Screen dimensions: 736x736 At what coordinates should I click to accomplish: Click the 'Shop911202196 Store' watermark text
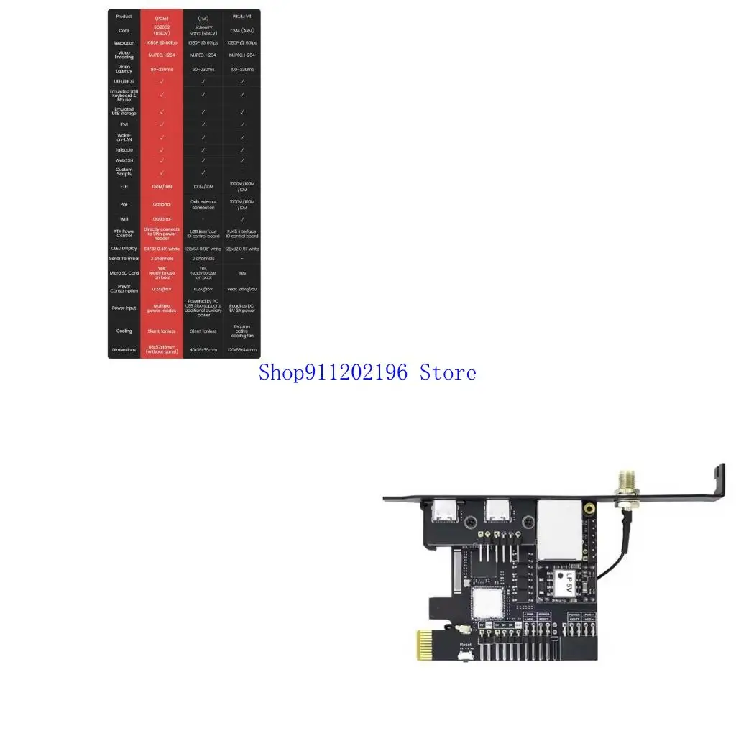pyautogui.click(x=367, y=372)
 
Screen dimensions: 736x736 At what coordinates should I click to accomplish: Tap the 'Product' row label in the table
pyautogui.click(x=124, y=17)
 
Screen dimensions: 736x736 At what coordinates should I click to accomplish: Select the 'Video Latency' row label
pyautogui.click(x=124, y=68)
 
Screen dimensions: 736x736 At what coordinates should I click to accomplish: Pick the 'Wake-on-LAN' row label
pyautogui.click(x=124, y=137)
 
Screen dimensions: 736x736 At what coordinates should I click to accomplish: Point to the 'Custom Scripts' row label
pyautogui.click(x=124, y=172)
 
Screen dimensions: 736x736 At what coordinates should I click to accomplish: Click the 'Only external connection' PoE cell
pyautogui.click(x=203, y=205)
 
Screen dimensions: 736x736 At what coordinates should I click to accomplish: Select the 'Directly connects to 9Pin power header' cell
pyautogui.click(x=162, y=233)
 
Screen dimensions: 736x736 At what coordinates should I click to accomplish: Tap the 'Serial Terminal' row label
pyautogui.click(x=124, y=258)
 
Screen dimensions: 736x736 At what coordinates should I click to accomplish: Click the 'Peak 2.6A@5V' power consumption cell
pyautogui.click(x=242, y=289)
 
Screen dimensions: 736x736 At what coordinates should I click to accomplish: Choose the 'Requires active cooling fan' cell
pyautogui.click(x=242, y=331)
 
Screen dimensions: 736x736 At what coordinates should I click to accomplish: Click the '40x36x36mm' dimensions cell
pyautogui.click(x=203, y=350)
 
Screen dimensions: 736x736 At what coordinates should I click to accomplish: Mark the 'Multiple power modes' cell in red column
pyautogui.click(x=162, y=308)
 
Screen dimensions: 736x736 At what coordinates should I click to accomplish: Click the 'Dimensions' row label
pyautogui.click(x=124, y=350)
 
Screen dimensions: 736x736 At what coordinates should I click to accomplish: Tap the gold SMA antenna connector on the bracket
pyautogui.click(x=622, y=488)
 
